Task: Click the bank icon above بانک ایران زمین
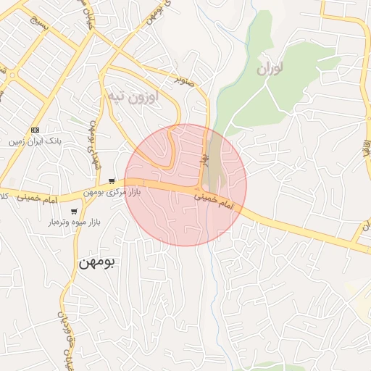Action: click(36, 129)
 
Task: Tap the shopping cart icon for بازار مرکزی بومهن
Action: click(111, 180)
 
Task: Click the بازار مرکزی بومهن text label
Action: click(111, 192)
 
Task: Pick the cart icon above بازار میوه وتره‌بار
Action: click(74, 211)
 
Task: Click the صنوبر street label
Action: click(184, 75)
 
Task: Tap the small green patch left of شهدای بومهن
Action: click(75, 120)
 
